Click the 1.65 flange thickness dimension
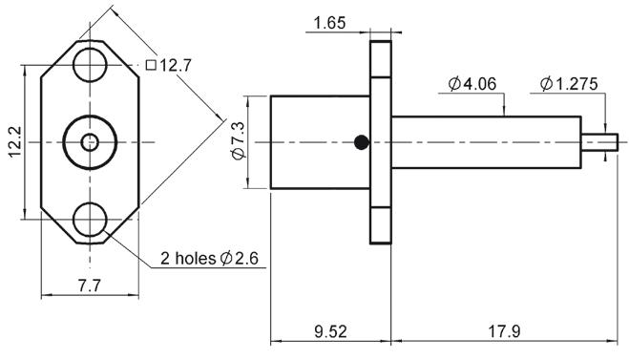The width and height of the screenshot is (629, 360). (x=329, y=23)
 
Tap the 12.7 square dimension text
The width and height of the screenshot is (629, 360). (x=176, y=66)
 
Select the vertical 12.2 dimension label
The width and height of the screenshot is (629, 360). (x=15, y=142)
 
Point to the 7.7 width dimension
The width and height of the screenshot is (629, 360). (x=90, y=286)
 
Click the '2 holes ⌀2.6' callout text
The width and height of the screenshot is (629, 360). (x=209, y=258)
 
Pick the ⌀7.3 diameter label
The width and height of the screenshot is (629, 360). (x=238, y=141)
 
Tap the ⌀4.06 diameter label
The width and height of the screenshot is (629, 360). (x=472, y=83)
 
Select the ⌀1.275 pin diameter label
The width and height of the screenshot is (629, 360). (x=569, y=83)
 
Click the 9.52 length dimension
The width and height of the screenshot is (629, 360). (x=330, y=331)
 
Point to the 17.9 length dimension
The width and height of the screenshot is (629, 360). (x=504, y=331)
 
